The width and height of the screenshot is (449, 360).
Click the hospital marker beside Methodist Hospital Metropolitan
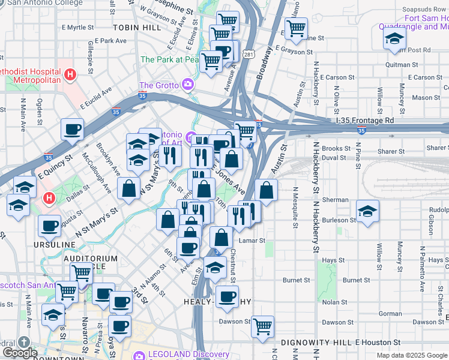click(71, 75)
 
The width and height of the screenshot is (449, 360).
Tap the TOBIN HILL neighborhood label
click(137, 28)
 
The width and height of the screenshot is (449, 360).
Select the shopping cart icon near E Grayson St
click(296, 28)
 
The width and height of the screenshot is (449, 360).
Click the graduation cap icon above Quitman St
click(394, 39)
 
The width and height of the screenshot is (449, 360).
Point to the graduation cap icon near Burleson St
click(367, 211)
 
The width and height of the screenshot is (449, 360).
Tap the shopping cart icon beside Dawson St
click(262, 326)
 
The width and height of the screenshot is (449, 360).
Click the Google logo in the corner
click(19, 352)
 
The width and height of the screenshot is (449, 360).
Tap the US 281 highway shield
click(249, 55)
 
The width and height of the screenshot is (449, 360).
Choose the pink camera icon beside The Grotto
click(188, 85)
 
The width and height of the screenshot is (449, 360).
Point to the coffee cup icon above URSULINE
click(49, 226)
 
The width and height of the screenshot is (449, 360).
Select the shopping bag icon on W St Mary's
click(128, 188)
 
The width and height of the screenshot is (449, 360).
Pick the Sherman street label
click(335, 200)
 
